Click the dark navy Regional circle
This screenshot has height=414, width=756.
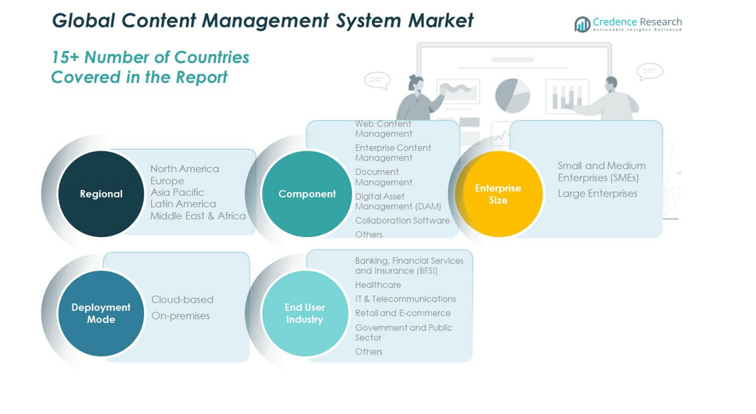[101, 194]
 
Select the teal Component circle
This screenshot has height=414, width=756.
[306, 194]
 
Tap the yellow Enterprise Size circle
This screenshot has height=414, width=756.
[498, 194]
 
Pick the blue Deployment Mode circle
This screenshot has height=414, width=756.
[101, 313]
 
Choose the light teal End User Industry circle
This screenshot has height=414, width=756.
[305, 313]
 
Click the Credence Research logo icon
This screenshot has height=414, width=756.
[582, 25]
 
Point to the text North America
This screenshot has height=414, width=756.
[185, 169]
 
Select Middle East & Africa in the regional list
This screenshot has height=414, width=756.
[198, 216]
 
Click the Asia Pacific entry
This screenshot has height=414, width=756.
[177, 192]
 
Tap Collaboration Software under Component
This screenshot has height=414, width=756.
[402, 220]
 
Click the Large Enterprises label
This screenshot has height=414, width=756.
[597, 194]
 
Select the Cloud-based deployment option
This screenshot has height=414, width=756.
[182, 299]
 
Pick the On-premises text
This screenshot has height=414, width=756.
[181, 316]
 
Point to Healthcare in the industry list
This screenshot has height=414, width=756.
[378, 285]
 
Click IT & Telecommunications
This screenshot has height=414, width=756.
[405, 299]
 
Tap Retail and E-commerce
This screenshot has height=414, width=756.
[403, 313]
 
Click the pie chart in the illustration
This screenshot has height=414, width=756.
[512, 96]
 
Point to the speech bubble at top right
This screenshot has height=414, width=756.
[649, 71]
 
